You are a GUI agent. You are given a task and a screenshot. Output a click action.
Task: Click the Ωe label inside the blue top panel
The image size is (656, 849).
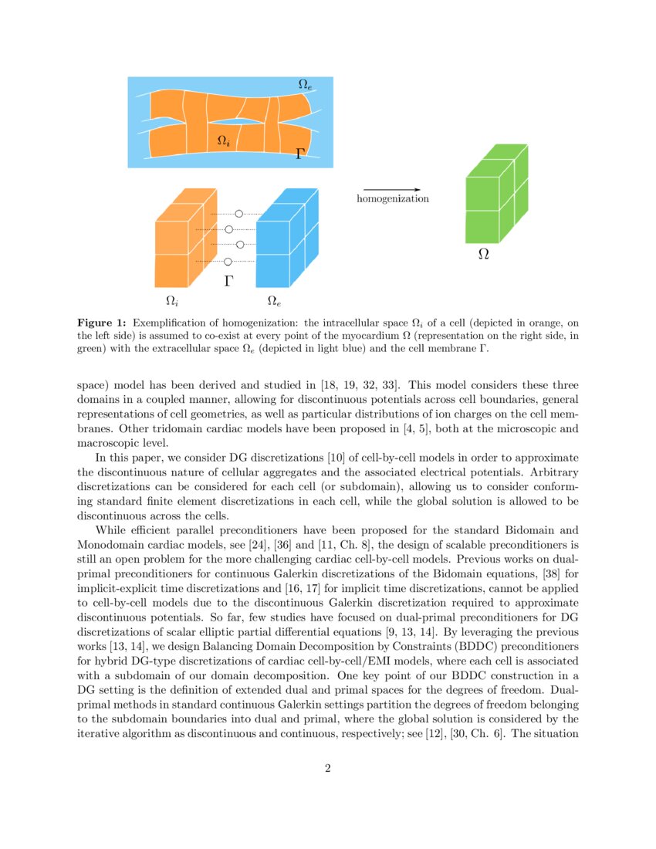pos(305,84)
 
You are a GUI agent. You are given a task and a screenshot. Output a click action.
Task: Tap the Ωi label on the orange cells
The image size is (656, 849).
pos(223,140)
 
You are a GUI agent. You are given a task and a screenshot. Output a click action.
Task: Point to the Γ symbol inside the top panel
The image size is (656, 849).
pos(300,154)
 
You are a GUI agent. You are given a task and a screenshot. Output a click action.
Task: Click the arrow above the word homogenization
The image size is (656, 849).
pos(391,189)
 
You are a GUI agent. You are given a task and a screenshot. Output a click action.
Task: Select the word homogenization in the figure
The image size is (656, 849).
pos(392,199)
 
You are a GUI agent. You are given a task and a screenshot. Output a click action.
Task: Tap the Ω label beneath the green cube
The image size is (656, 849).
pos(484,253)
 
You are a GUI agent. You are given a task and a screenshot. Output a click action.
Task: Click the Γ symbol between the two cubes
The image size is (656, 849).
pos(228,281)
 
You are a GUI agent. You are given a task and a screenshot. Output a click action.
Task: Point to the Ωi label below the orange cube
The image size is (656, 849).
pos(173,299)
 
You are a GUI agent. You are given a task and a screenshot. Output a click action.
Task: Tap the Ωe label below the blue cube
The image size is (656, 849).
pos(274,299)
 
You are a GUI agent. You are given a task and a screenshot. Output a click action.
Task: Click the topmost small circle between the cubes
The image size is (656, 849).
pos(238,214)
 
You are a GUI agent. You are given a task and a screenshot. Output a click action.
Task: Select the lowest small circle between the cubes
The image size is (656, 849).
pos(228,262)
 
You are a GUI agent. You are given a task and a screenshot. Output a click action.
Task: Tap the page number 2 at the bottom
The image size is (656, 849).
pos(328,768)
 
